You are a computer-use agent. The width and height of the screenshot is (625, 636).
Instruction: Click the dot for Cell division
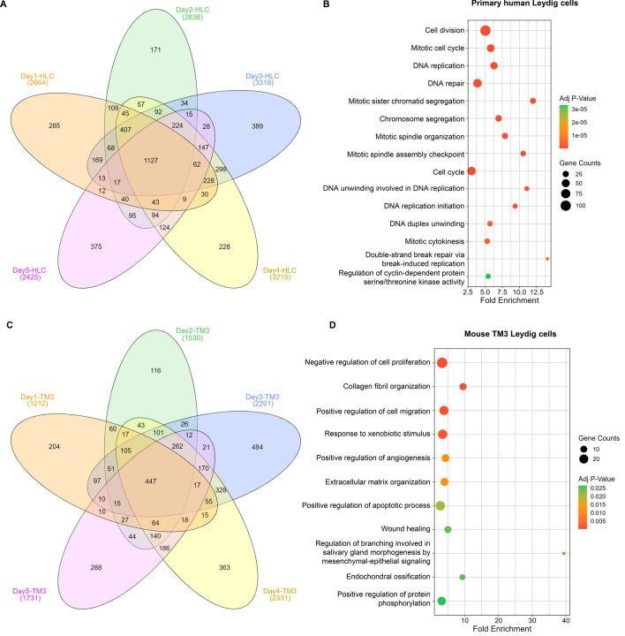pyautogui.click(x=485, y=30)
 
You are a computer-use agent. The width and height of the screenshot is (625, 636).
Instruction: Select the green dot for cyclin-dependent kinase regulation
pyautogui.click(x=487, y=276)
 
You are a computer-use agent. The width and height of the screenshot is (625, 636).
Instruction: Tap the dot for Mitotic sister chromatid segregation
pyautogui.click(x=532, y=101)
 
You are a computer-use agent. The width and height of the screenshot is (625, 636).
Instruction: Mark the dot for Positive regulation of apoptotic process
pyautogui.click(x=441, y=506)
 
